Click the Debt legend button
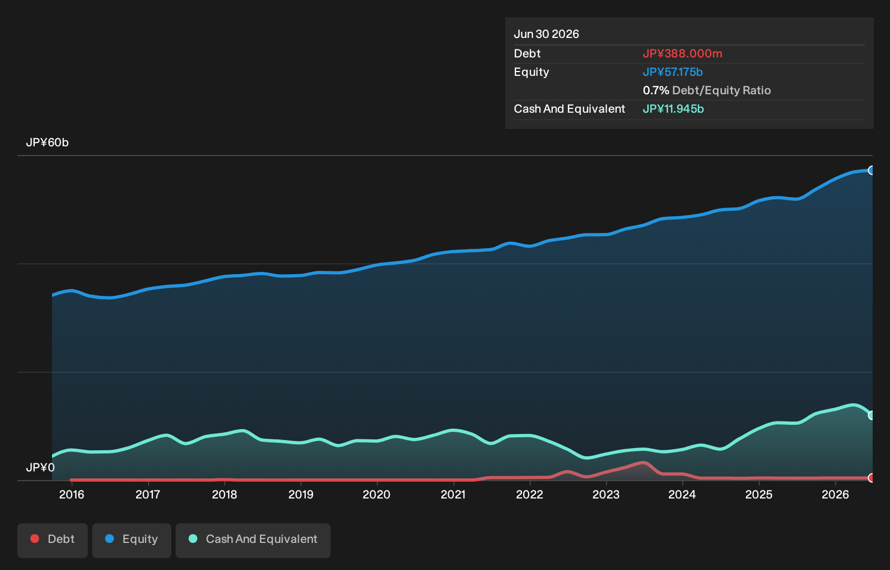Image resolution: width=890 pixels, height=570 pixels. click(53, 540)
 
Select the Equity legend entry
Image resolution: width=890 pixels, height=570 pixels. click(132, 540)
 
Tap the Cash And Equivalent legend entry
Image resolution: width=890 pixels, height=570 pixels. click(253, 540)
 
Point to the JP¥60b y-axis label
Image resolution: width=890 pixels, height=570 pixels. click(47, 142)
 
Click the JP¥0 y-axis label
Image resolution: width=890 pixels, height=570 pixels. click(40, 468)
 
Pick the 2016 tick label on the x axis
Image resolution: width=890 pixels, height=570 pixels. click(72, 495)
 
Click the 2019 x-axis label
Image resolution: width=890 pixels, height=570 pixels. click(301, 495)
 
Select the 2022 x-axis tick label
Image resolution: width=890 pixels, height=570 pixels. click(530, 495)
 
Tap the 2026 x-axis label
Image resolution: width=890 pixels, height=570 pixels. click(836, 495)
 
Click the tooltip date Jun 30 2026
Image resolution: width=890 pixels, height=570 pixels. click(546, 34)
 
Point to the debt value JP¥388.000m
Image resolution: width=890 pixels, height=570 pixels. click(682, 54)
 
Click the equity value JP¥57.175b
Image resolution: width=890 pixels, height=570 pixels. click(673, 72)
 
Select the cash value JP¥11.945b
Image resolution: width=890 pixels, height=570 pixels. click(673, 109)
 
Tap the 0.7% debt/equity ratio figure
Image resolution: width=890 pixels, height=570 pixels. click(656, 90)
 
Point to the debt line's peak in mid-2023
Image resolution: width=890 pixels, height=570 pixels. click(644, 462)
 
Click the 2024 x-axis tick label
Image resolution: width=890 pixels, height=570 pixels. click(682, 495)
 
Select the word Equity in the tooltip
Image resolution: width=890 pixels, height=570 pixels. click(531, 72)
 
